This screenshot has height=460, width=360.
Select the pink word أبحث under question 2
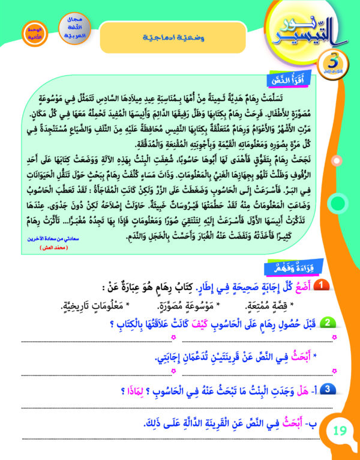point(298,357)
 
